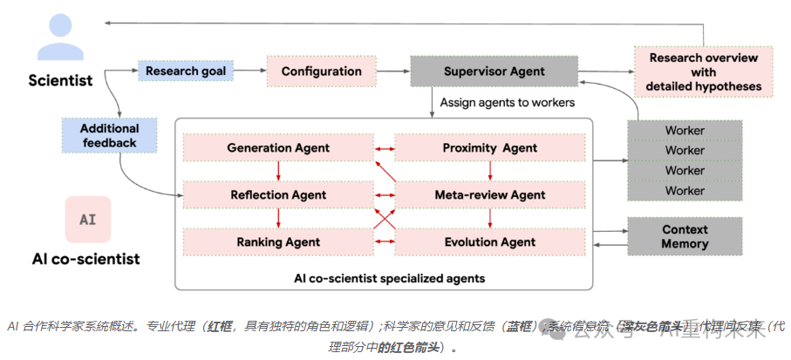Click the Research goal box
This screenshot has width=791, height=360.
[186, 71]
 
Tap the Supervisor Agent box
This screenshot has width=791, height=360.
[494, 71]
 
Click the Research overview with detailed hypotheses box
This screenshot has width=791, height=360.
[703, 72]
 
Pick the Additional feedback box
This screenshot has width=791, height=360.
[110, 135]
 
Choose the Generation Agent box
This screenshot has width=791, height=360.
[278, 148]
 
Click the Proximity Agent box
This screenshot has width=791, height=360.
[490, 148]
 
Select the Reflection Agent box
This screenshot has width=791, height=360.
[278, 194]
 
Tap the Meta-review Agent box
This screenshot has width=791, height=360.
[490, 194]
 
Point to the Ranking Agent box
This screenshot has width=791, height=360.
[278, 241]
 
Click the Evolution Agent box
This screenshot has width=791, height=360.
[490, 241]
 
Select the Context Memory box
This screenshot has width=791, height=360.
[685, 237]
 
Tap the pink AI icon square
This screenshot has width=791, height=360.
[88, 220]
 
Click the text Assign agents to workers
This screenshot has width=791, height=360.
[507, 102]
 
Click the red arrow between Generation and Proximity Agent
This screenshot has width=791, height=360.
[385, 148]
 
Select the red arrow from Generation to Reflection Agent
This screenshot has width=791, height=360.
[278, 171]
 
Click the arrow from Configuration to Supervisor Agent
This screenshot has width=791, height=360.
[386, 71]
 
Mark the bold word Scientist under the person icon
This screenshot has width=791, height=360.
[60, 81]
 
